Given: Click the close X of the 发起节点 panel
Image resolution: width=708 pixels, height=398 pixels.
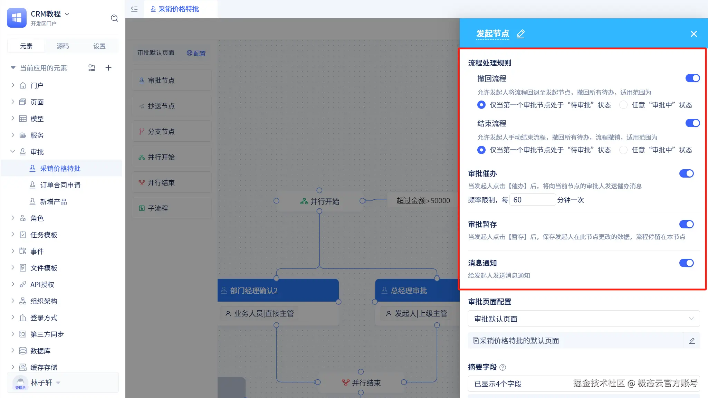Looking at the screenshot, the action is pos(693,34).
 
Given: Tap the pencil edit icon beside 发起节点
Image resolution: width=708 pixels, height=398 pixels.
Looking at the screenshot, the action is pos(520,34).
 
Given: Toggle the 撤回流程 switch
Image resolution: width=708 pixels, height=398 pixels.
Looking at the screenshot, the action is pos(692,78).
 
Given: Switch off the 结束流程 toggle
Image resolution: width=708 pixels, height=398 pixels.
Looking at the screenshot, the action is pos(692,123).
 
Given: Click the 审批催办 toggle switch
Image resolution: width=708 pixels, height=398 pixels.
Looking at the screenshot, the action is pos(686,173).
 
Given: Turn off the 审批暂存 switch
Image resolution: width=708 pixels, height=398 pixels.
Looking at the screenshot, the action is pos(686,224).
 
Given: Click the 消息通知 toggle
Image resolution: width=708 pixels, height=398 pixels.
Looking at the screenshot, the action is pos(686,263).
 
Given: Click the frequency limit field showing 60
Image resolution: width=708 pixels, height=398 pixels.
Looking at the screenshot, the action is pos(533,200).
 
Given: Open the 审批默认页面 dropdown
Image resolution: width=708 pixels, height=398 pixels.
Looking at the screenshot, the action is pos(584,319).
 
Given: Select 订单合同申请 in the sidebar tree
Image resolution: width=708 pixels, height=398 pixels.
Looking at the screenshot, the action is pos(60,185).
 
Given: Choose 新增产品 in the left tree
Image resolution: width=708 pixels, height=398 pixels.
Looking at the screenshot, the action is pos(54,202).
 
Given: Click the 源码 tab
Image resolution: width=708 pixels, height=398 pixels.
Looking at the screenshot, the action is pos(63,46).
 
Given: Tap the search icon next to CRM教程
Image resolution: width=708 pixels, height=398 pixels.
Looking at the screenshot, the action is pos(114,18).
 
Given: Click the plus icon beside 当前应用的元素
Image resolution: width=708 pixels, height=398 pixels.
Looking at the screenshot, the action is pos(108,68).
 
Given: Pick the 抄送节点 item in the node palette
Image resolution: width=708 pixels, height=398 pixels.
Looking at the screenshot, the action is pos(172,106).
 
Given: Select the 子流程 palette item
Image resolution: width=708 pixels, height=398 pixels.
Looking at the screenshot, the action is pos(172,208).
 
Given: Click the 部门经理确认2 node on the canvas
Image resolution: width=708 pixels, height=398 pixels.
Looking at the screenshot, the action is pos(278,291).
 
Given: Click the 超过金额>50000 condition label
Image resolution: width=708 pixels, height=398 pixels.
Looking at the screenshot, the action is pos(423,201).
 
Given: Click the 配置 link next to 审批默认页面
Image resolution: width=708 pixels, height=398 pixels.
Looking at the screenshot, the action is pos(196,53).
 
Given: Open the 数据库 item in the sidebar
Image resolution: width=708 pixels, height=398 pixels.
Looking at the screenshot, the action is pos(40,351).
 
